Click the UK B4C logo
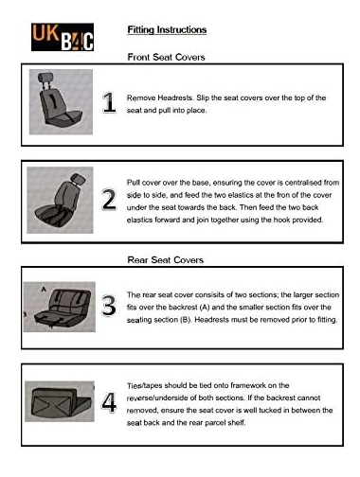63,37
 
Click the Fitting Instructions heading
167,29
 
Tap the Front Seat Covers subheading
166,57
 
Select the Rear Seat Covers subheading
165,260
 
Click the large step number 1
109,102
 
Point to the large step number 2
109,200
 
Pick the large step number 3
109,305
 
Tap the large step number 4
109,402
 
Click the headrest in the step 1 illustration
45,78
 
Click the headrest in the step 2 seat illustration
78,179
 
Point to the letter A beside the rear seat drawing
44,290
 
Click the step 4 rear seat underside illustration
60,401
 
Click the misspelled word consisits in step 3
209,294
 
